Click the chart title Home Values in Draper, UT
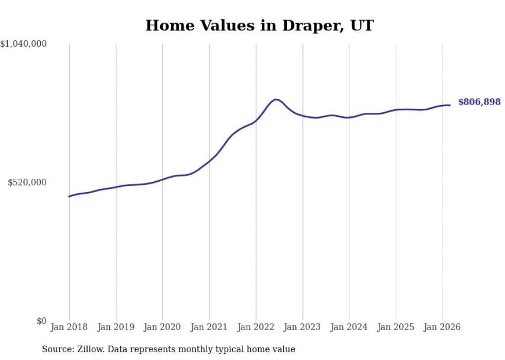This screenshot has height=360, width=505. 259,25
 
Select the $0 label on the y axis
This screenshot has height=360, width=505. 41,321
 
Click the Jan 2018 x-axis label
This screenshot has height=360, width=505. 69,327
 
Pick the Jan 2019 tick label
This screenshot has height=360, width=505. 116,327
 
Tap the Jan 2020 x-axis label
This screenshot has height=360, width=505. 162,327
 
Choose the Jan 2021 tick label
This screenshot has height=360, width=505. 209,327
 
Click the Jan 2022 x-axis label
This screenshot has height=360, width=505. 256,327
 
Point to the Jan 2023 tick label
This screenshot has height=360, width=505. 302,327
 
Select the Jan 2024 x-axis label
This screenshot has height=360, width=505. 349,327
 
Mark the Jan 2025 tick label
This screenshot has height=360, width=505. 396,327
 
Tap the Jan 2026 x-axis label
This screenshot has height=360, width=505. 442,327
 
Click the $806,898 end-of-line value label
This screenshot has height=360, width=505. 479,102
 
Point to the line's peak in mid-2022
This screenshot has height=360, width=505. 276,99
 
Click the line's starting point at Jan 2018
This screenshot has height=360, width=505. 69,196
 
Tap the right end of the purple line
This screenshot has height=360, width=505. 450,105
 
